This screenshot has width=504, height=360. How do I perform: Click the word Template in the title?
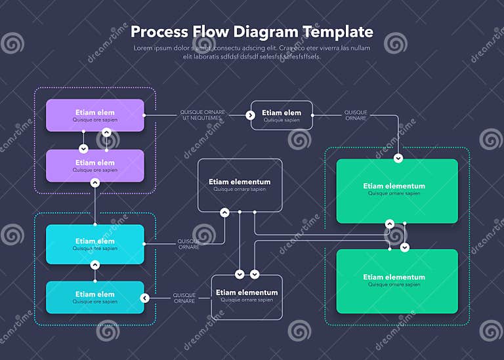point(337,32)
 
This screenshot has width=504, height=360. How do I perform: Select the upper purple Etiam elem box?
point(95,115)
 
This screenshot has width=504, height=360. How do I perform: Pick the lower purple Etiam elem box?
point(95,166)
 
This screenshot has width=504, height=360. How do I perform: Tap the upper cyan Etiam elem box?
point(95,244)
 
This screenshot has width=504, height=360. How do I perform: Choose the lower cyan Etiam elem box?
point(95,297)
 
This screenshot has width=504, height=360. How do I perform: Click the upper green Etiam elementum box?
point(396,191)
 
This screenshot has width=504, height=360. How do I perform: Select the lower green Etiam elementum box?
point(396,281)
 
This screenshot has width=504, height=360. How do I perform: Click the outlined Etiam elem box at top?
point(282,115)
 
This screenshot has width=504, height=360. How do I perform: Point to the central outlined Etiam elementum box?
point(240,185)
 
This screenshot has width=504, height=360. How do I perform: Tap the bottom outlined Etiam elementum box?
point(247,296)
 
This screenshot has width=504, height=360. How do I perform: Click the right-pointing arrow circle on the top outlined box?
point(250,115)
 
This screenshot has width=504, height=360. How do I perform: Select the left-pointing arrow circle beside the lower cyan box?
point(144,298)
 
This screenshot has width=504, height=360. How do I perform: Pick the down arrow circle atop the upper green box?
point(398,159)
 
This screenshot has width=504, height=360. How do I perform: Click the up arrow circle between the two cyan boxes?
point(95,265)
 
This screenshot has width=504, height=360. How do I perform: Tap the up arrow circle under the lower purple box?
point(95,183)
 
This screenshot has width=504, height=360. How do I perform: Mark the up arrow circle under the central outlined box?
point(224,212)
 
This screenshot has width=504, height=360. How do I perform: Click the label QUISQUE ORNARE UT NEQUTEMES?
point(203,115)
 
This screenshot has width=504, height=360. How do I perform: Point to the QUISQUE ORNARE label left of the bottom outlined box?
point(184,298)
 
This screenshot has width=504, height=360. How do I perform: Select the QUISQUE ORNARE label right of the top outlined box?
point(356,115)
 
